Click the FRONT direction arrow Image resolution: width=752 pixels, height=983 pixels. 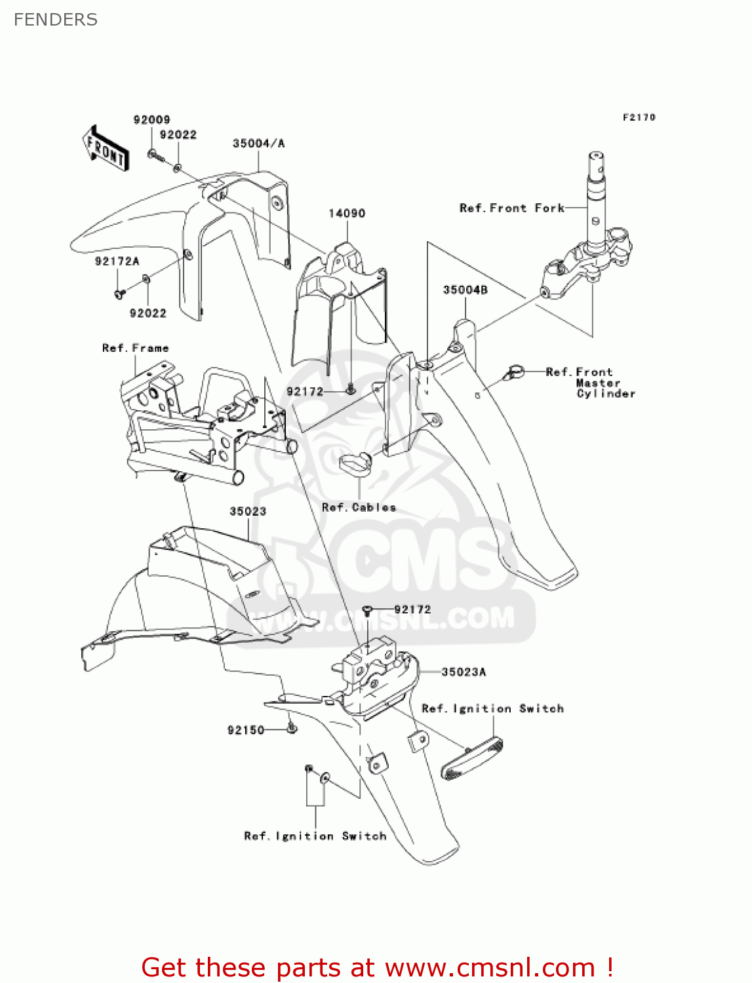[105, 149]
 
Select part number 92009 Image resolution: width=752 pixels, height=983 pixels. [151, 119]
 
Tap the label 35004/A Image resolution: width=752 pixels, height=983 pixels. [258, 143]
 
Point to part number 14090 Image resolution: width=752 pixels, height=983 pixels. [346, 213]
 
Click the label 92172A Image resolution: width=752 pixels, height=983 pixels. [117, 261]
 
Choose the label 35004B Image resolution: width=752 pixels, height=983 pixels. [465, 290]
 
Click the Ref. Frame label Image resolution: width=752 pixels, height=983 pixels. [135, 348]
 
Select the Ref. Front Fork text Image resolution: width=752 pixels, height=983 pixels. [511, 208]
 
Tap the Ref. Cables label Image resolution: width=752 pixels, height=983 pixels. [359, 507]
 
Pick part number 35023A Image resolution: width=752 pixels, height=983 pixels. [464, 672]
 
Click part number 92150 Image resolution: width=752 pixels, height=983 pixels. [246, 730]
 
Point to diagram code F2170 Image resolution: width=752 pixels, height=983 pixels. [639, 117]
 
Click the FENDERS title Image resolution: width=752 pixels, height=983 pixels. [56, 20]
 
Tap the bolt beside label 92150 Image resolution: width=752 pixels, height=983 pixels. [292, 728]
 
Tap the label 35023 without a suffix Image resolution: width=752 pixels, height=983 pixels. [248, 511]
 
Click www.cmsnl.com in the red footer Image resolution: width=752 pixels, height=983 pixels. [489, 967]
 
